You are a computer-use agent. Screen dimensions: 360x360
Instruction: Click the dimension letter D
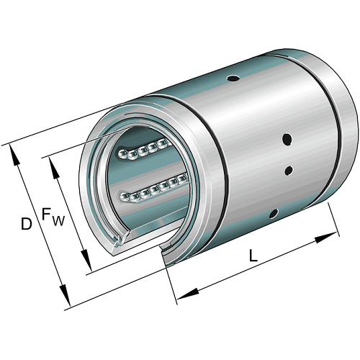click(26, 225)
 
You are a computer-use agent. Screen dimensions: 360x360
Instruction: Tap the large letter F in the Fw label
click(46, 215)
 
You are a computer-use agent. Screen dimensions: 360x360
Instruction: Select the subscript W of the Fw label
click(58, 220)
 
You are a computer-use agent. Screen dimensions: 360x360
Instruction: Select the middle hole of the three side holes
click(289, 171)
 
